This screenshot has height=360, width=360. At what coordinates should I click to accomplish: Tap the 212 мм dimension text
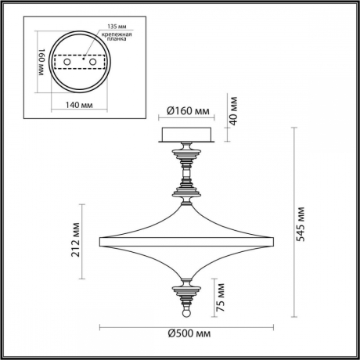[75, 243]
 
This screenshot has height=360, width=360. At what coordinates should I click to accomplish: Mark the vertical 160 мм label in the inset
[35, 61]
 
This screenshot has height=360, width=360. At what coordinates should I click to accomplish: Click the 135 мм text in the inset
[98, 23]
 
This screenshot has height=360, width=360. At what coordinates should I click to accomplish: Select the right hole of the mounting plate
[93, 60]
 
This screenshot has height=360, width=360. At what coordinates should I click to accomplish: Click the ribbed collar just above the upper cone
[187, 189]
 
